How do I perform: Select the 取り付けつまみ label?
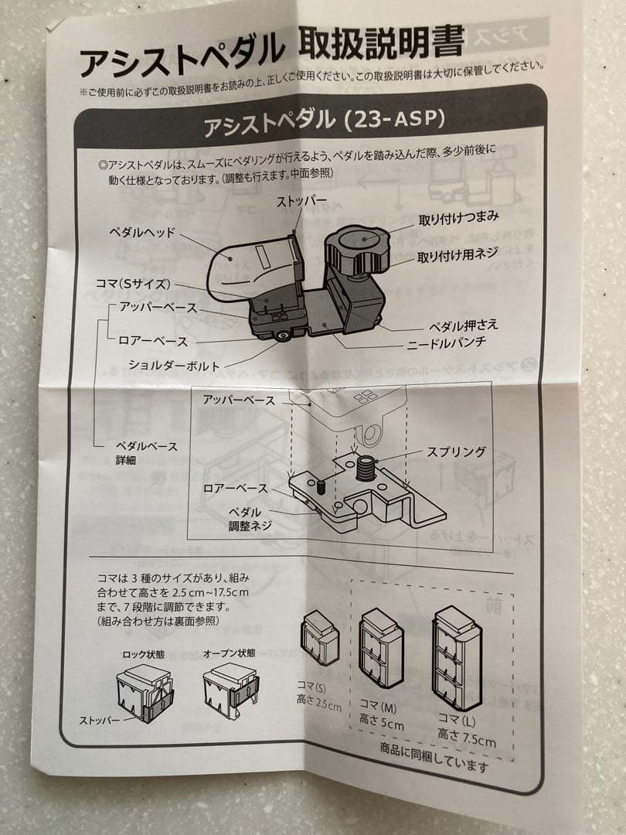[x=458, y=219]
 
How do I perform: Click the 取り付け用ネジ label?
[x=458, y=253]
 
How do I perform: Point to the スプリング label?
[x=455, y=452]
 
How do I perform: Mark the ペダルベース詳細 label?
[x=146, y=453]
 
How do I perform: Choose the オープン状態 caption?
[x=226, y=653]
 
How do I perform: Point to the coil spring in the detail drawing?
[x=366, y=467]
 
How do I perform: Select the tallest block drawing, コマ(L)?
[x=457, y=656]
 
